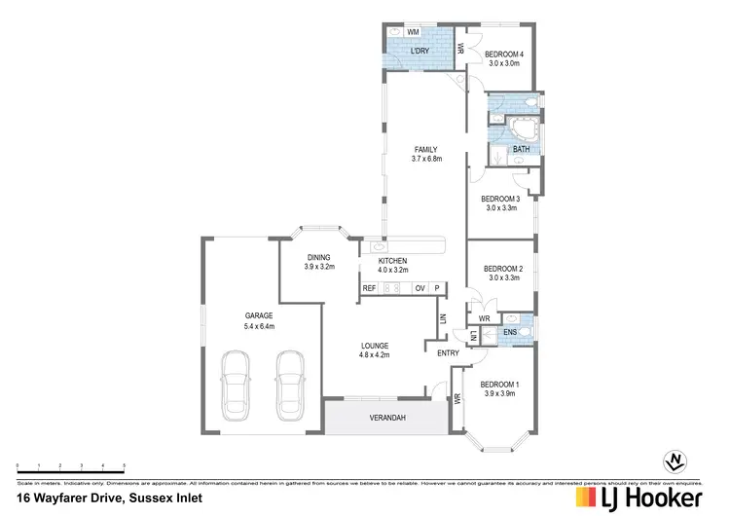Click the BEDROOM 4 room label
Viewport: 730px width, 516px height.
pos(504,53)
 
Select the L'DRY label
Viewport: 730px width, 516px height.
pos(420,50)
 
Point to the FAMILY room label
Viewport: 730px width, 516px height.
pos(426,149)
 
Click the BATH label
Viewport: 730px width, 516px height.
pos(521,149)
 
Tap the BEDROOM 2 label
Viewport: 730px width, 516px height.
pos(504,268)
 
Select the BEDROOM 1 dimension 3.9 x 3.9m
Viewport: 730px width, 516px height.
pos(502,393)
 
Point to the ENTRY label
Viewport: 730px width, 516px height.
pos(448,352)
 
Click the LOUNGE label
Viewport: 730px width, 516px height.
pos(375,345)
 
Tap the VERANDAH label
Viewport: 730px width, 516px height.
pos(386,418)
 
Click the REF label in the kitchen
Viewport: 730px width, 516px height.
pos(370,288)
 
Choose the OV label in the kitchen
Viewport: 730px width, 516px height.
pos(420,288)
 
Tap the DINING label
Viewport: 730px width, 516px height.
pos(317,257)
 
